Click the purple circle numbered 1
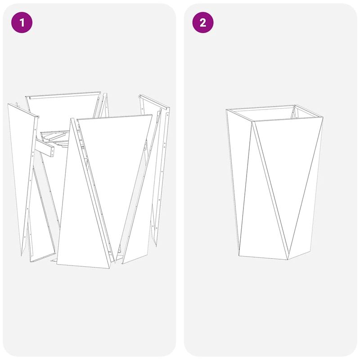[x=22, y=22]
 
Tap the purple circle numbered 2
[x=203, y=22]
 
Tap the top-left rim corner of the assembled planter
[x=226, y=110]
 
